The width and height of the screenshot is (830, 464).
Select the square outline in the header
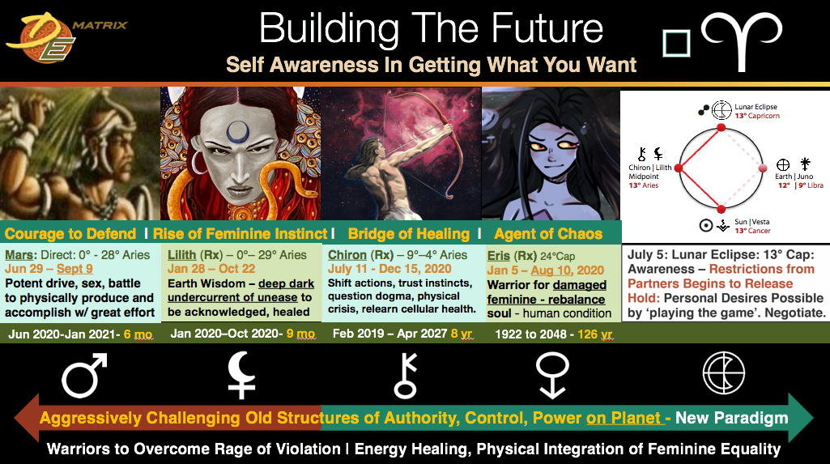tap(676, 43)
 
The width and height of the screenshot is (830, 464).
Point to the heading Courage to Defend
tap(70, 234)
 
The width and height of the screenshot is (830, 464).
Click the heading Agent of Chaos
tap(548, 234)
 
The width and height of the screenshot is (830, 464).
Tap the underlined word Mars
tap(20, 255)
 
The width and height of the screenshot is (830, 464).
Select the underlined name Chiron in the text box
tap(347, 255)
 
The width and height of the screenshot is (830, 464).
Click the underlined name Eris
tap(498, 256)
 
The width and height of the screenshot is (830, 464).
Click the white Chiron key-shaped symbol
tap(406, 376)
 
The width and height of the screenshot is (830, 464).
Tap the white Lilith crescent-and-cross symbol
tap(240, 375)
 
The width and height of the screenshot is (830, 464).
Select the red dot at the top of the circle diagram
tap(721, 127)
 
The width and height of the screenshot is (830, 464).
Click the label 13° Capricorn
tap(757, 116)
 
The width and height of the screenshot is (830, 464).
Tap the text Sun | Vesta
tap(751, 222)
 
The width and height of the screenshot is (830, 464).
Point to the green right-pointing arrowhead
tap(800, 418)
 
